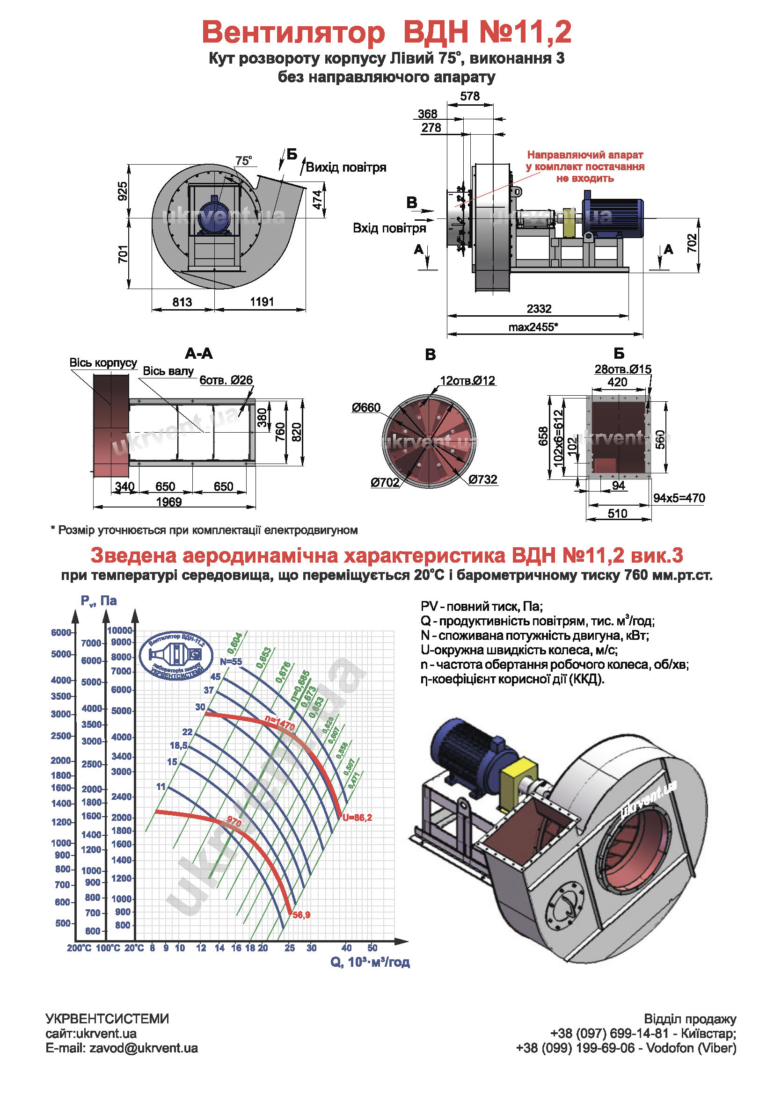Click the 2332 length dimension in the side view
(539, 309)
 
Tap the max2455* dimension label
(533, 327)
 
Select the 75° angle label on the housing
(243, 161)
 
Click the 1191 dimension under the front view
(262, 302)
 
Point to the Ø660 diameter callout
(366, 407)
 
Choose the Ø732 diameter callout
(482, 479)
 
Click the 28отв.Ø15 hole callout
(622, 369)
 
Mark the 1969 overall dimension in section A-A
(169, 502)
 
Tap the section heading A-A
(199, 354)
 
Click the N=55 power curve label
(231, 662)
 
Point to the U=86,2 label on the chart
(357, 818)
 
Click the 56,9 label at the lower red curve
(301, 915)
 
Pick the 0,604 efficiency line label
(235, 643)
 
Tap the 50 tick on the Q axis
(372, 948)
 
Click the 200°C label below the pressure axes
(79, 948)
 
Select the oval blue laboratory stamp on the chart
(176, 657)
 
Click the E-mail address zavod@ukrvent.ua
(122, 1048)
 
